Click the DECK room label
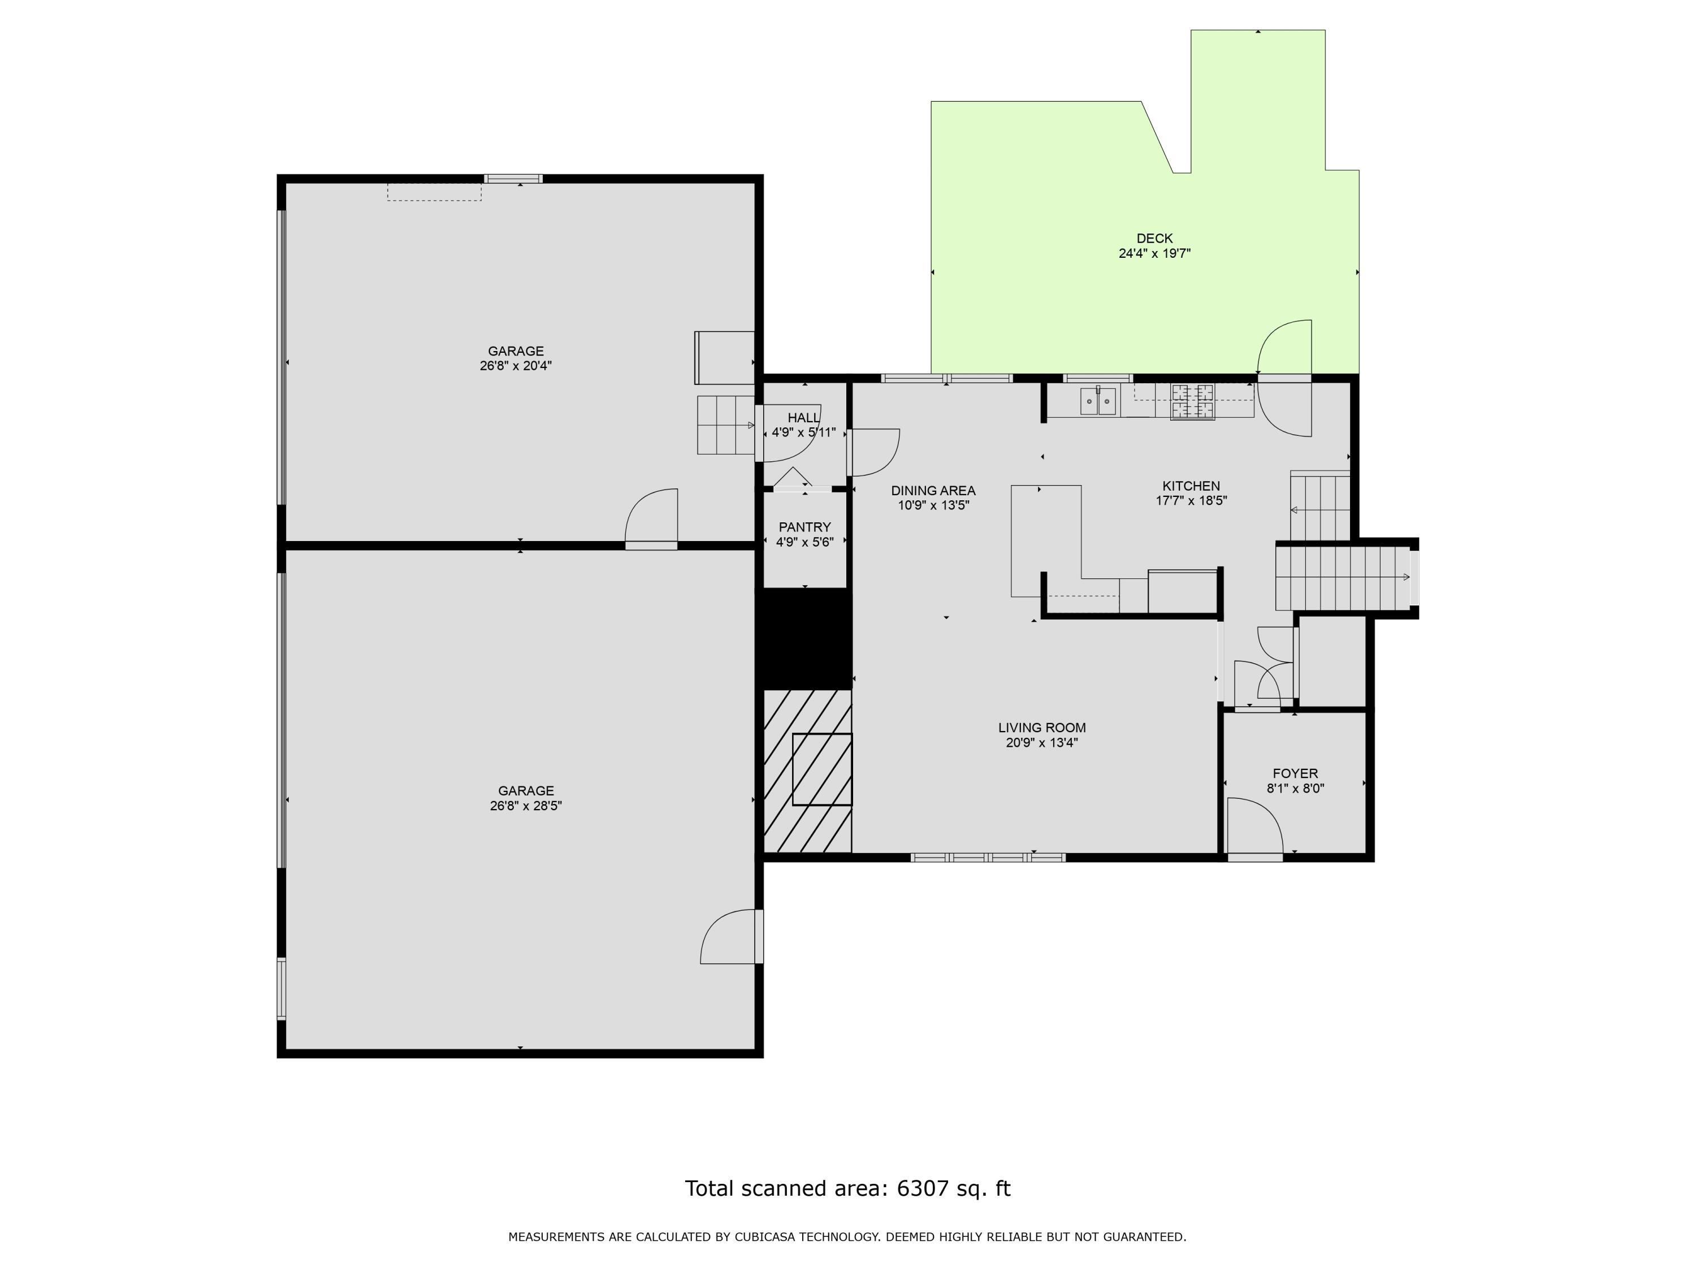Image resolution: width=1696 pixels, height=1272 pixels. pyautogui.click(x=1154, y=239)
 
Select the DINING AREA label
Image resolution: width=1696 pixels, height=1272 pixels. pyautogui.click(x=933, y=491)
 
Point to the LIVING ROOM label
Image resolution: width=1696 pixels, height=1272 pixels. pyautogui.click(x=1042, y=728)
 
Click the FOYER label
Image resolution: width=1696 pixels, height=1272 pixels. pyautogui.click(x=1295, y=773)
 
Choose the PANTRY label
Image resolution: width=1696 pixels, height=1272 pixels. pyautogui.click(x=804, y=527)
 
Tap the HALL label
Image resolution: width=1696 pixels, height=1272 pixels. pyautogui.click(x=803, y=418)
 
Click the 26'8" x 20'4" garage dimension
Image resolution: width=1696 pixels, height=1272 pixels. pyautogui.click(x=516, y=366)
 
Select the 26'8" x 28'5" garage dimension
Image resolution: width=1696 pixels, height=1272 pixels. pyautogui.click(x=526, y=806)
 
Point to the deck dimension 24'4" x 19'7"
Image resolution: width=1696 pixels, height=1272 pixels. pyautogui.click(x=1154, y=254)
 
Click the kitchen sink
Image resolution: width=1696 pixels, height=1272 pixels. pyautogui.click(x=1098, y=401)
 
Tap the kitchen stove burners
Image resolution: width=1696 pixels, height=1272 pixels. pyautogui.click(x=1192, y=402)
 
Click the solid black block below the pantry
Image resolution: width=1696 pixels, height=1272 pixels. pyautogui.click(x=805, y=639)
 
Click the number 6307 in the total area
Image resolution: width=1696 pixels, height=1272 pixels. pyautogui.click(x=923, y=1188)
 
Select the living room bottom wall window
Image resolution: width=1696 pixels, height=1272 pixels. pyautogui.click(x=988, y=857)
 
